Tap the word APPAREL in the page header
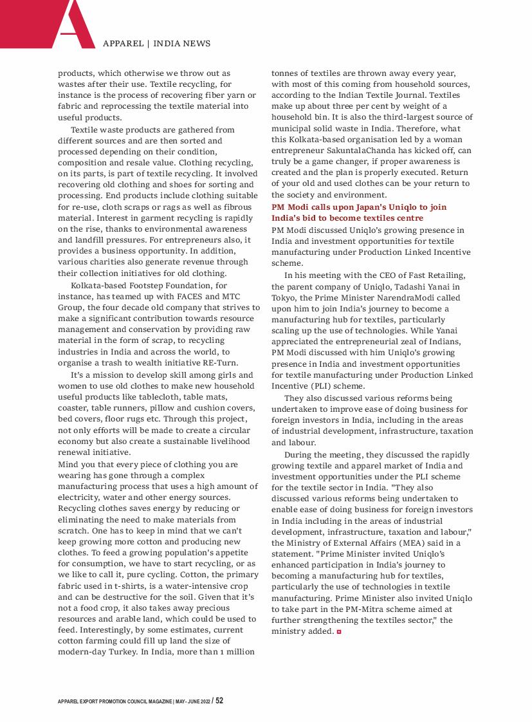(123, 44)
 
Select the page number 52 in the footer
(219, 700)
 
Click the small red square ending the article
(338, 632)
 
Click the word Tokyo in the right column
(283, 298)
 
